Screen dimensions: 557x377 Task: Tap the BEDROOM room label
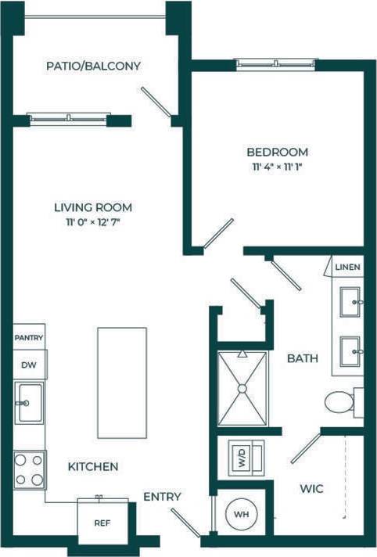tap(277, 152)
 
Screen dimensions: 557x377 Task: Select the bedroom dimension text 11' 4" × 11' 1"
tap(277, 167)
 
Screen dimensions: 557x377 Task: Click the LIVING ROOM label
tap(92, 207)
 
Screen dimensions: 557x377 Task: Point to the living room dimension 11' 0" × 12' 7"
tap(92, 222)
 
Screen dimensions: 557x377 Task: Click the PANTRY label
tap(29, 338)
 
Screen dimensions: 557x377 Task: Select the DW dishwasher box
tap(30, 364)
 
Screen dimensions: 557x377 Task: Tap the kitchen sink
tap(30, 403)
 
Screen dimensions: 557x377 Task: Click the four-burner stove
tap(30, 469)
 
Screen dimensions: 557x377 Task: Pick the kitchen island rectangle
tap(121, 383)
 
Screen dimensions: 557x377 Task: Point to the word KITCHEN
tap(92, 466)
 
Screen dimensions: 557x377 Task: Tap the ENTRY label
tap(162, 497)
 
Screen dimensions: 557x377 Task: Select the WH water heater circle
tap(240, 516)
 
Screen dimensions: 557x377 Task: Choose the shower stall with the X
tap(242, 386)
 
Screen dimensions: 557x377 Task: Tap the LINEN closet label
tap(347, 267)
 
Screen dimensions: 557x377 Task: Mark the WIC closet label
tap(311, 488)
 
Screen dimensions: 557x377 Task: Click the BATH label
tap(302, 358)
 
